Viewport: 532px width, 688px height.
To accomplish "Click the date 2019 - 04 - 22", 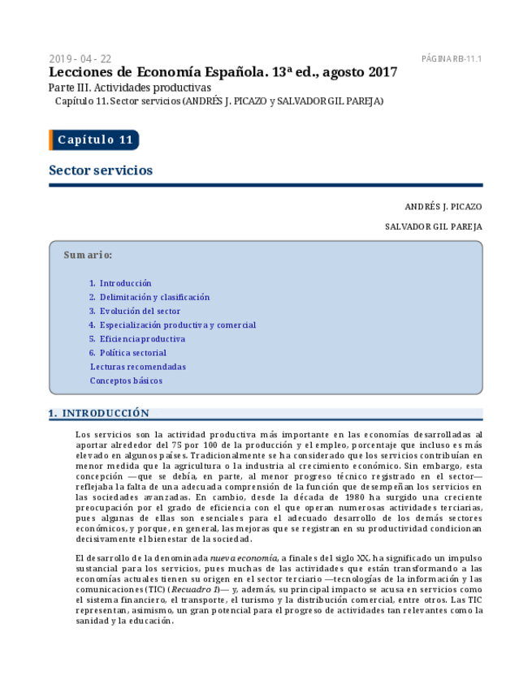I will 80,59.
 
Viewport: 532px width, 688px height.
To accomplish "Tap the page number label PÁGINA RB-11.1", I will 452,59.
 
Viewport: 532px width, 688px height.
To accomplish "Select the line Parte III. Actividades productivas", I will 129,88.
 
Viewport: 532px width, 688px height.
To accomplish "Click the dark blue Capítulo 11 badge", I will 94,140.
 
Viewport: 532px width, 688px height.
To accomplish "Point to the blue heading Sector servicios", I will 101,170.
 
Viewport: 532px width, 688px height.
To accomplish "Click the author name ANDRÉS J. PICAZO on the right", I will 443,207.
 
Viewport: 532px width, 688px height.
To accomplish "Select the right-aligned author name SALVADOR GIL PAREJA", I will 433,226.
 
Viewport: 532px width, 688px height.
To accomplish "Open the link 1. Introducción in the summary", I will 124,283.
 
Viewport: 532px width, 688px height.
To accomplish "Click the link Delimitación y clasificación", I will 154,297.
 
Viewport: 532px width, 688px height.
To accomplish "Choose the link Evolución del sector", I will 139,311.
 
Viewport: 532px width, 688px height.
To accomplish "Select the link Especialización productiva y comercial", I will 177,325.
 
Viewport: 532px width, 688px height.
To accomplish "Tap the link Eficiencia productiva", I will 141,338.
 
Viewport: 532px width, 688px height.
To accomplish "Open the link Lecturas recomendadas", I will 137,367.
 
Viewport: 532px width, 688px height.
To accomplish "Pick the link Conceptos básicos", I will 126,381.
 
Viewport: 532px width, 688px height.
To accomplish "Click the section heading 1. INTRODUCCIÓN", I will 99,413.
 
